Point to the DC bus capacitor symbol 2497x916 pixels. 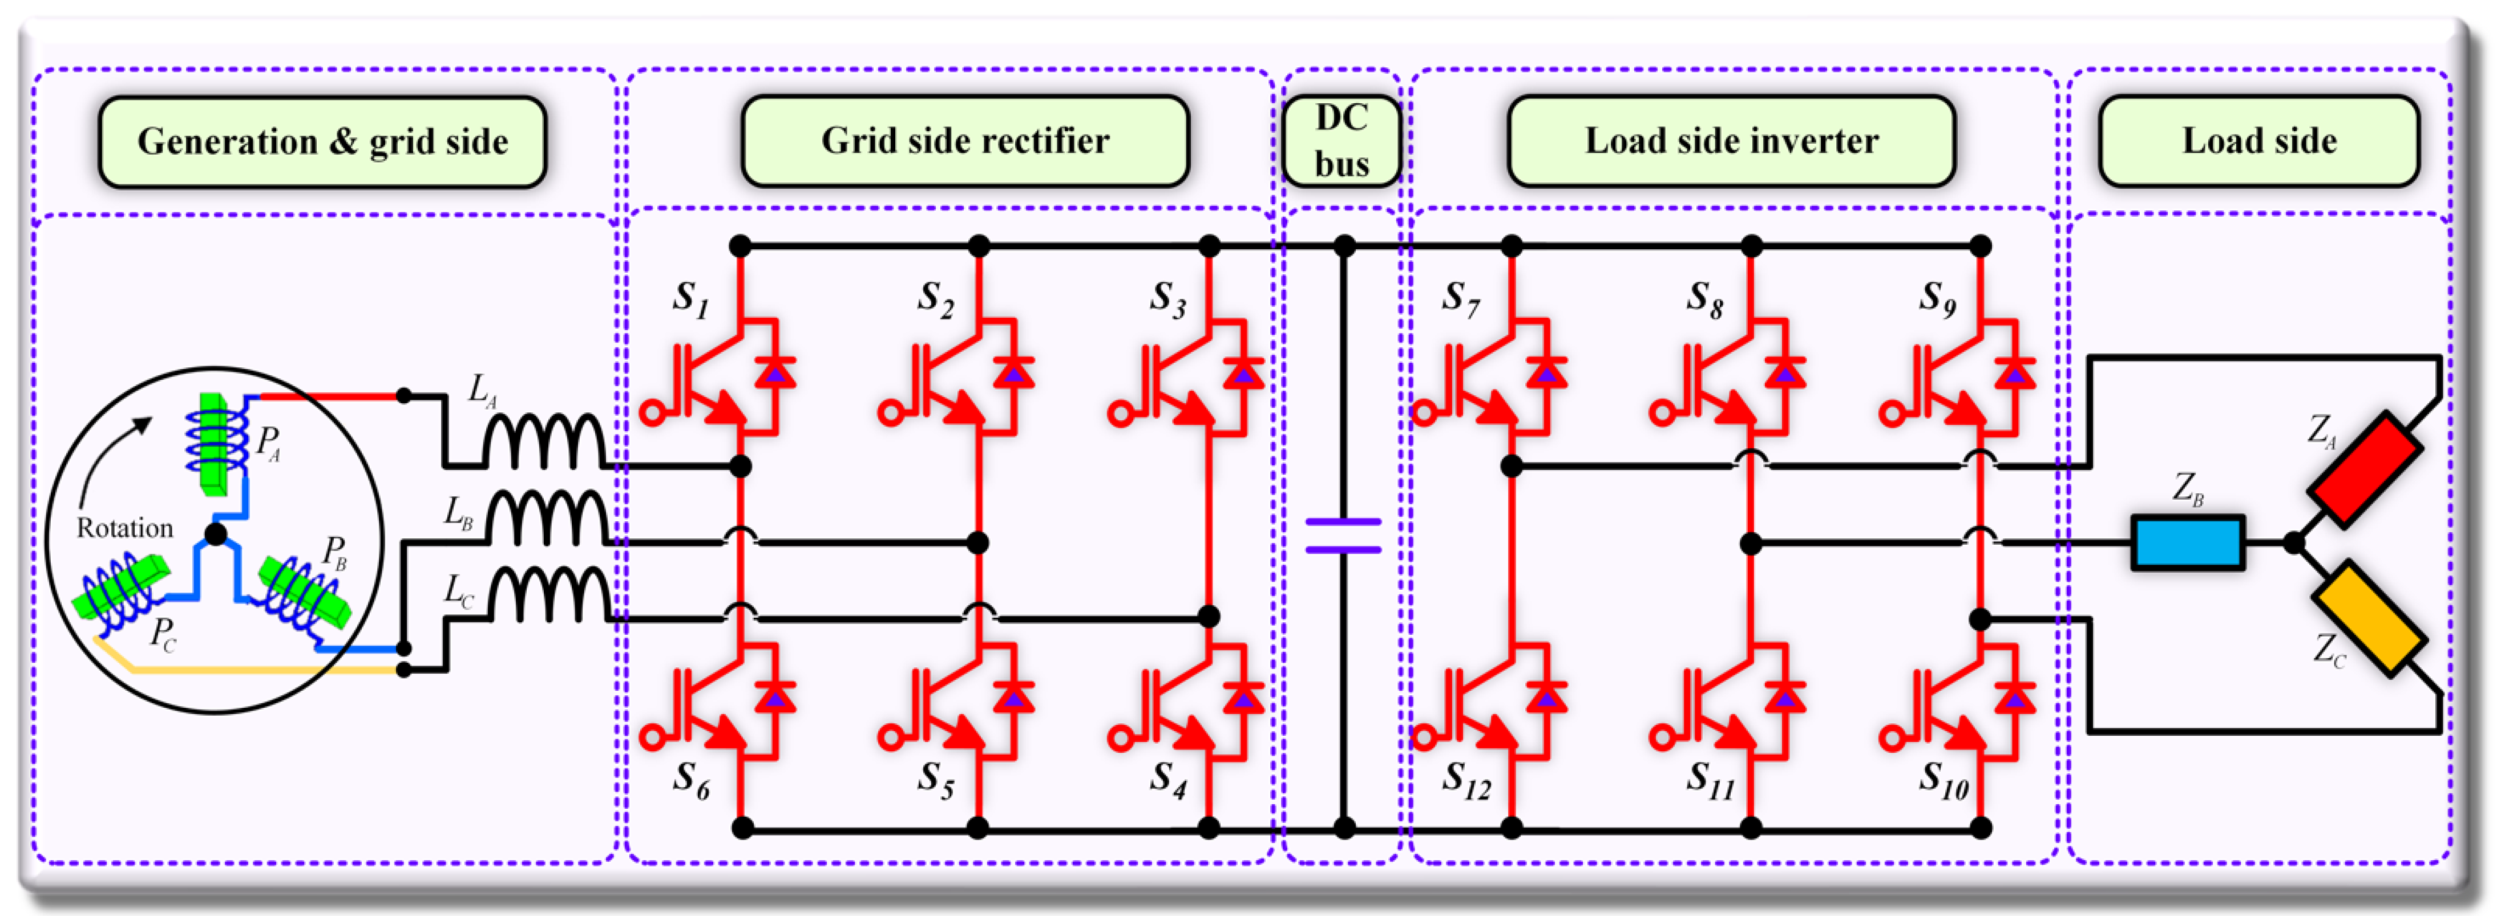click(1343, 536)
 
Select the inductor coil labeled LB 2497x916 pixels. click(548, 518)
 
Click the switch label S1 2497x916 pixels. click(690, 298)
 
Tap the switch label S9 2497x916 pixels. click(1937, 298)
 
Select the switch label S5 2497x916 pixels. click(935, 780)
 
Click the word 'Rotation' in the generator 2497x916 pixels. click(125, 528)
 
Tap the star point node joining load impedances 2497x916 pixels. click(2293, 543)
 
